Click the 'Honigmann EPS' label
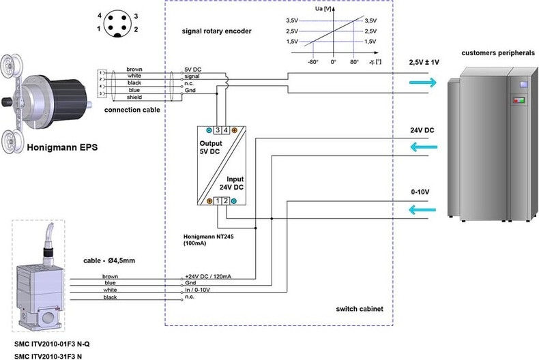(61, 147)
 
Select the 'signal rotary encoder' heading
(216, 31)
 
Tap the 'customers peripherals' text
(498, 52)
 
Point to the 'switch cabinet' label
(360, 309)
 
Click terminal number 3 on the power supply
(217, 130)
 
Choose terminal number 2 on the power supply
(225, 201)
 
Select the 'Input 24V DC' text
(231, 183)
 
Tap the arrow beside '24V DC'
(421, 146)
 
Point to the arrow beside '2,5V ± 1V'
(421, 82)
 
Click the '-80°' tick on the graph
(313, 62)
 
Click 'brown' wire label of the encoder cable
(134, 69)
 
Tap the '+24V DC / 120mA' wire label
(208, 276)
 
